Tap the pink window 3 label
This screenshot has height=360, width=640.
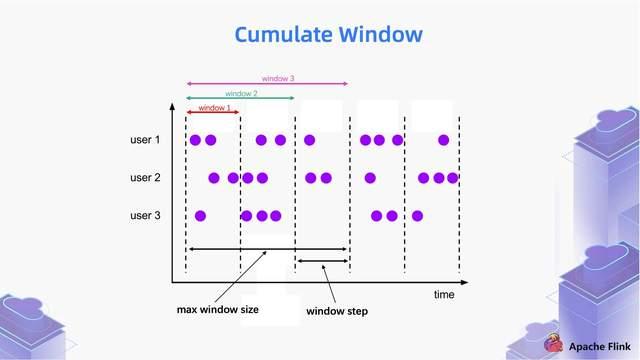278,78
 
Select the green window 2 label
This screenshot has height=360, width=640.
241,93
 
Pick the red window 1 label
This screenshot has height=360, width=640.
214,107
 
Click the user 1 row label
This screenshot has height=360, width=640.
145,140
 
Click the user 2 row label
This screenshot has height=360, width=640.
145,178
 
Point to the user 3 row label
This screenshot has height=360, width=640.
145,216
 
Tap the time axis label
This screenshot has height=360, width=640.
444,295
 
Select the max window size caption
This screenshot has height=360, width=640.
218,310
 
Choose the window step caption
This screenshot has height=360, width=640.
336,311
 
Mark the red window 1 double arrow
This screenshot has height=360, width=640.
213,113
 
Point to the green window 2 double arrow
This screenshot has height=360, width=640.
240,98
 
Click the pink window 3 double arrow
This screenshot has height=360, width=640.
267,84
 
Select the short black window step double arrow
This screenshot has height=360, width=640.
322,262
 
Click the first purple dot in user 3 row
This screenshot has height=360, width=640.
200,216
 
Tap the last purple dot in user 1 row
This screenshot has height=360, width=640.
444,140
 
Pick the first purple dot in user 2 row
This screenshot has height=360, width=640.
214,178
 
